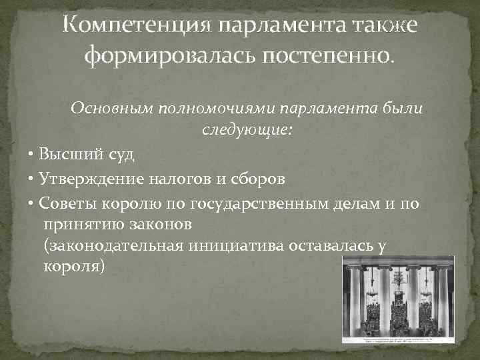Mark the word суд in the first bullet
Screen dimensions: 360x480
(120, 155)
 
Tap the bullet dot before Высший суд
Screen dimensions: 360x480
(32, 156)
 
